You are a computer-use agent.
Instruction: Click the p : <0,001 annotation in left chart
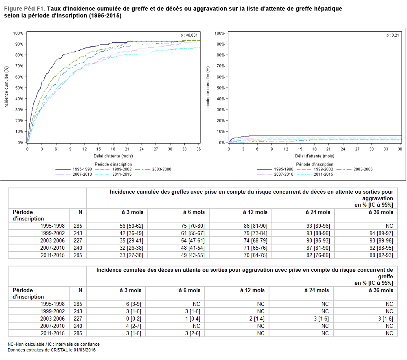click(189, 35)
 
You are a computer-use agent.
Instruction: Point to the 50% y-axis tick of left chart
click(19, 88)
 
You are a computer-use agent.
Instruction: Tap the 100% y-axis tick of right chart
click(220, 33)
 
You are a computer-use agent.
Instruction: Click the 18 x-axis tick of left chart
click(113, 149)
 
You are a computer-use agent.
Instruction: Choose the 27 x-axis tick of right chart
click(357, 149)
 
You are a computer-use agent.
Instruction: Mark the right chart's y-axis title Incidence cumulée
click(208, 88)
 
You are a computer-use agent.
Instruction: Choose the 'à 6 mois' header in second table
click(189, 290)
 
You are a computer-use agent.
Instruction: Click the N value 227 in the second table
click(78, 319)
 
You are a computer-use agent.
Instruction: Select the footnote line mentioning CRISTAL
click(52, 350)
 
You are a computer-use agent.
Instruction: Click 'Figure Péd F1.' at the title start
click(24, 9)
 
